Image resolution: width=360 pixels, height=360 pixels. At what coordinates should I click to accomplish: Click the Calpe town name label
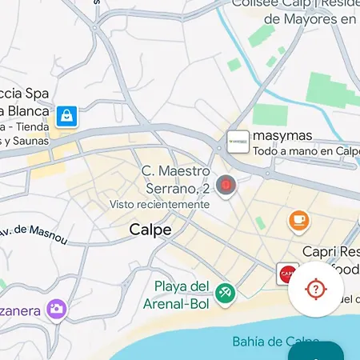click(x=150, y=230)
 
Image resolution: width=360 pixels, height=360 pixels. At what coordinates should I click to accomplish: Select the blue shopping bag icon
click(x=66, y=117)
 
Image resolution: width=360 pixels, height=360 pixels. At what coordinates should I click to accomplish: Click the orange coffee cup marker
click(x=298, y=219)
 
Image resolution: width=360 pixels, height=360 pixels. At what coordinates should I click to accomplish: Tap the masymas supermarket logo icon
click(x=238, y=142)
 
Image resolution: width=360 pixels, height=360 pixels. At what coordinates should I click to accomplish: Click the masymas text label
click(x=282, y=135)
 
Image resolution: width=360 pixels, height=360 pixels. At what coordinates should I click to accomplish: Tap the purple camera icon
click(x=56, y=308)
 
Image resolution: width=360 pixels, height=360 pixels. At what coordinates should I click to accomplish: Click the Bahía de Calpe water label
click(x=269, y=342)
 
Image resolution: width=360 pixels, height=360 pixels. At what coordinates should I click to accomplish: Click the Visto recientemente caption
click(x=160, y=204)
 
